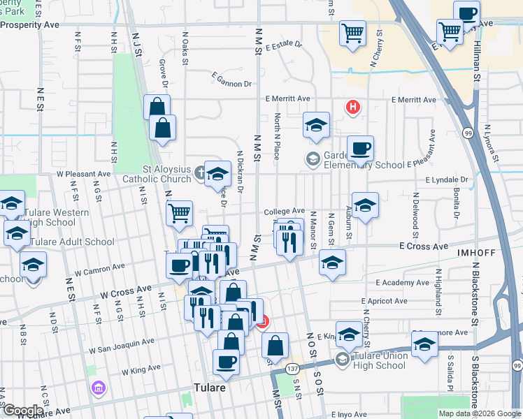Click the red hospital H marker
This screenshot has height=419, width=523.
click(x=354, y=107)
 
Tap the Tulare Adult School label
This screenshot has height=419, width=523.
click(x=70, y=242)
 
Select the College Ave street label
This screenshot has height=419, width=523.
click(x=284, y=211)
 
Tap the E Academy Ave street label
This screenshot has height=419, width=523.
click(x=396, y=283)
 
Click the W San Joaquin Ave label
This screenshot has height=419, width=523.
click(x=121, y=346)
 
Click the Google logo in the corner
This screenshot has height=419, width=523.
click(x=22, y=411)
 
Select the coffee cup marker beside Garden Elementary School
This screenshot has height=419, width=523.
click(x=360, y=148)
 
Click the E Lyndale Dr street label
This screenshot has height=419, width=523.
click(x=446, y=179)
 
